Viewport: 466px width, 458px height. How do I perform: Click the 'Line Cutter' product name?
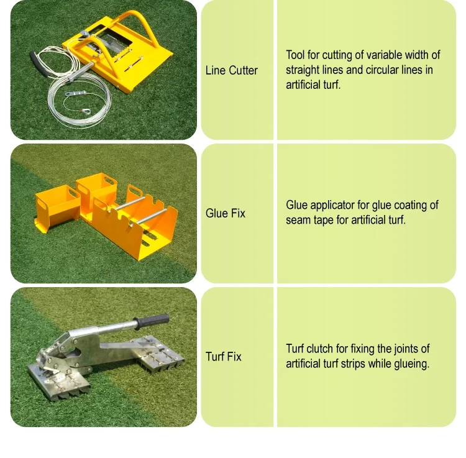pyautogui.click(x=231, y=70)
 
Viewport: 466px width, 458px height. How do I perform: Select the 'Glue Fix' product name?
pyautogui.click(x=226, y=213)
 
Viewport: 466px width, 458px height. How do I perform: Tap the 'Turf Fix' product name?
pyautogui.click(x=224, y=357)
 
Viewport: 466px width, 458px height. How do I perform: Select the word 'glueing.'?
pyautogui.click(x=411, y=364)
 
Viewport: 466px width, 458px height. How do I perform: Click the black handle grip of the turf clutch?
pyautogui.click(x=153, y=320)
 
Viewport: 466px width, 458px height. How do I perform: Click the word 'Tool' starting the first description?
pyautogui.click(x=295, y=55)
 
